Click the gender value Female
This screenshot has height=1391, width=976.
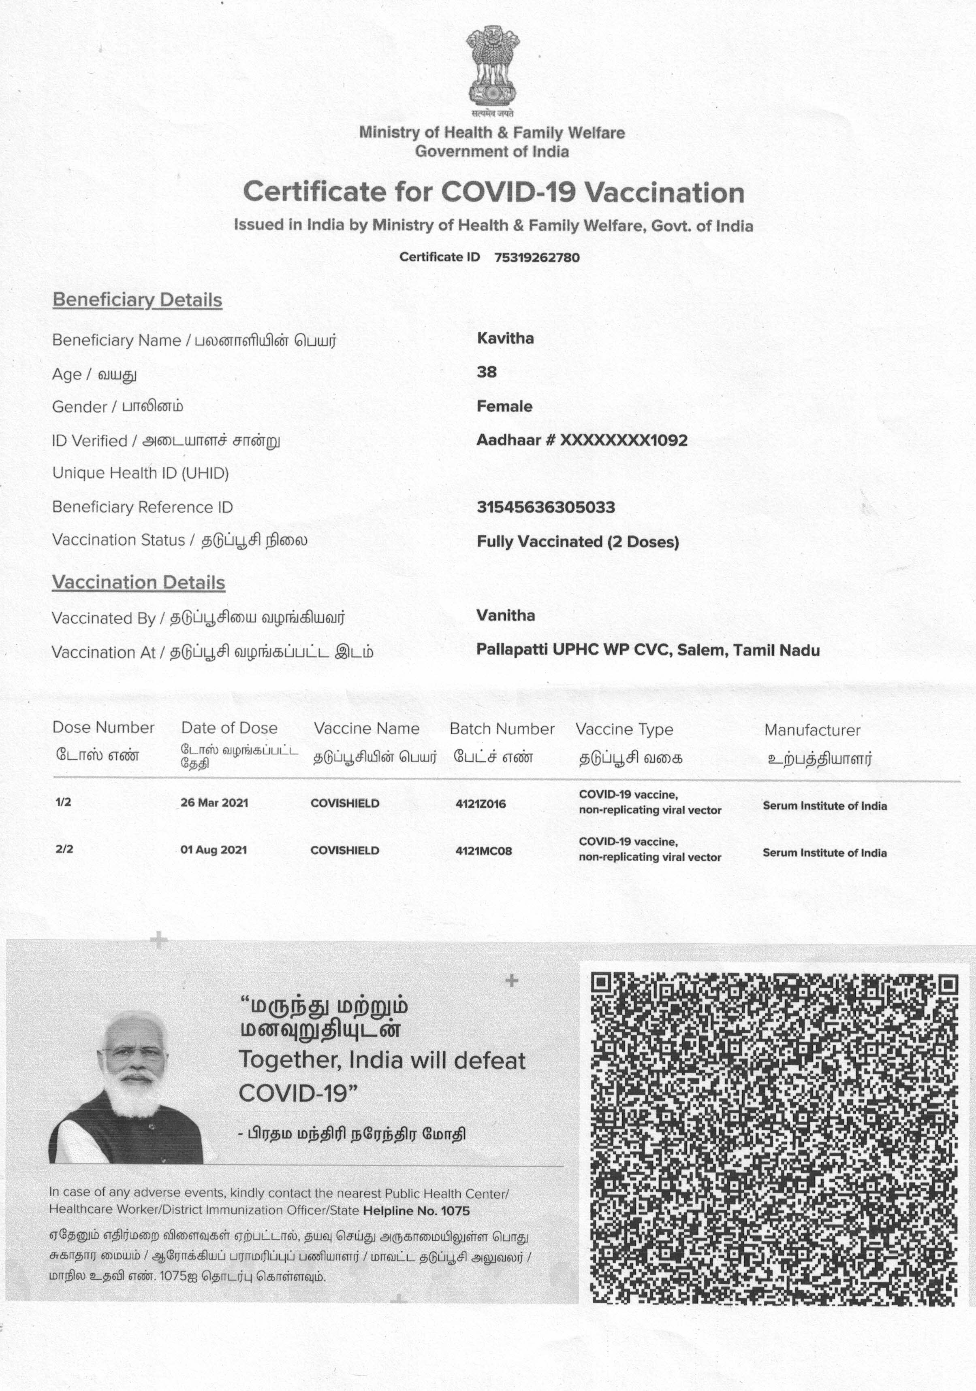pos(504,406)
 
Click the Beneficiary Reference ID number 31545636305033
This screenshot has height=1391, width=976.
pos(546,507)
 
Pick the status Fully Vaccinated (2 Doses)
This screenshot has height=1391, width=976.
pos(578,542)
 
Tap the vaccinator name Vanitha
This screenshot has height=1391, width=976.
pos(506,615)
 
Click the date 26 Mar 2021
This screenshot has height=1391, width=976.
pos(214,803)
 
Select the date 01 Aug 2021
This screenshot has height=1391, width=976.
pos(214,850)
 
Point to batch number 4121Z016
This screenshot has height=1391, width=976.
pos(480,804)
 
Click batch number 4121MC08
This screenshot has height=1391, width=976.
pos(483,851)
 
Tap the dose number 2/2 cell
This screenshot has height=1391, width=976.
pos(64,849)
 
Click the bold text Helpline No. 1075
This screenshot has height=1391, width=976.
pos(416,1211)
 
